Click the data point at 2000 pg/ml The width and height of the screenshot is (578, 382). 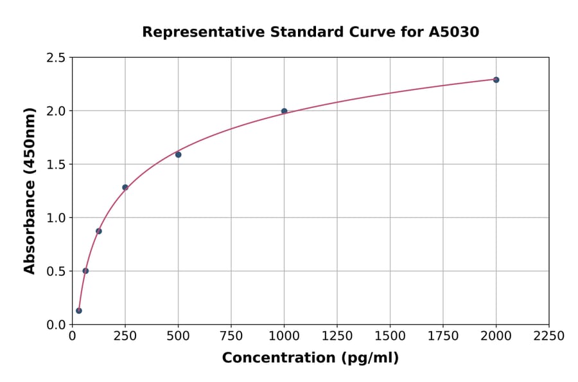point(496,80)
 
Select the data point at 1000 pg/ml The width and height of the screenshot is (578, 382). point(284,111)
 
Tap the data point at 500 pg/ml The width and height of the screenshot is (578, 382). point(178,154)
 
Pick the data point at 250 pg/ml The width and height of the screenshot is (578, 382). point(125,187)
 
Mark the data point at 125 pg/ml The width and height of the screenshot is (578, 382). point(98,231)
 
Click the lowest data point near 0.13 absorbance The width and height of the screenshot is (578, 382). point(78,311)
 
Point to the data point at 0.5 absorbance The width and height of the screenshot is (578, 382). point(85,271)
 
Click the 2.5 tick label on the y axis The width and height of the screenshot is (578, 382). point(55,58)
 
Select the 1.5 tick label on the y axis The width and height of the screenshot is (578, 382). point(55,165)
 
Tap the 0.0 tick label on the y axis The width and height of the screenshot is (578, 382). point(55,325)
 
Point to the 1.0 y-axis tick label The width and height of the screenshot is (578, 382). point(55,218)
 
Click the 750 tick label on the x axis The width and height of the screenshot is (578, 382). point(231,336)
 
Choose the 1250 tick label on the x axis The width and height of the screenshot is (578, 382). point(337,336)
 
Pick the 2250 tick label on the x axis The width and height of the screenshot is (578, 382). point(549,336)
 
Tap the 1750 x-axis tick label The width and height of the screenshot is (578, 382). point(443,336)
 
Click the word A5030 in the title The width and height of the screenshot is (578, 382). point(454,32)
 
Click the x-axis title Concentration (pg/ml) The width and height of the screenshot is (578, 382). point(310,358)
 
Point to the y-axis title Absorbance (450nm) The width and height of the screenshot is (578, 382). point(30,190)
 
